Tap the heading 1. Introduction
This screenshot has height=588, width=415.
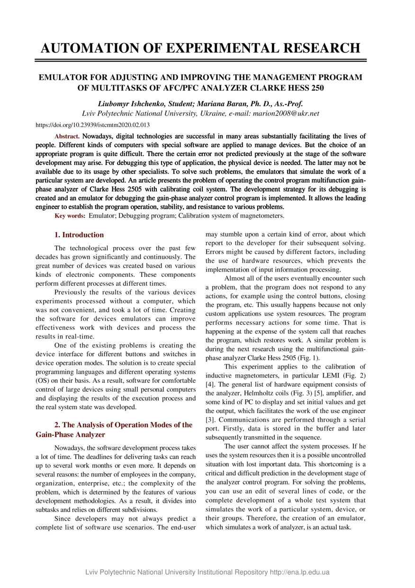click(x=79, y=235)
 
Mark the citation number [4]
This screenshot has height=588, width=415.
click(x=210, y=385)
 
